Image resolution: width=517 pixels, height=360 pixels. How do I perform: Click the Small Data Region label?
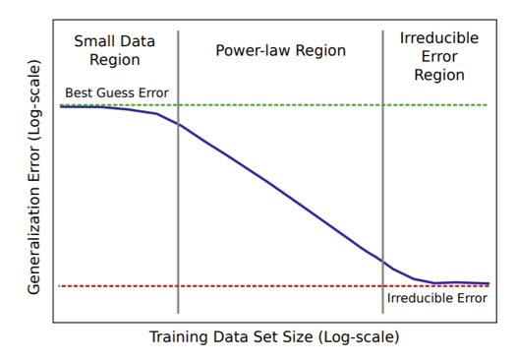pyautogui.click(x=114, y=50)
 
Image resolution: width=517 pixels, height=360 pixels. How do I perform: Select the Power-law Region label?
pyautogui.click(x=280, y=50)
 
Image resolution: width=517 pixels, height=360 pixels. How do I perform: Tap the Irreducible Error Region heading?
pyautogui.click(x=439, y=56)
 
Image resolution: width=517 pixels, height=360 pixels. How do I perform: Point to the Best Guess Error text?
pyautogui.click(x=117, y=92)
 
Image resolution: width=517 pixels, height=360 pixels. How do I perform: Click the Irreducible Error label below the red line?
pyautogui.click(x=436, y=298)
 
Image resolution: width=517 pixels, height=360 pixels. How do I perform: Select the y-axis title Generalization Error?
pyautogui.click(x=33, y=177)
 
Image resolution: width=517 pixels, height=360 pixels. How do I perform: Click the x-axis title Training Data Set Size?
pyautogui.click(x=274, y=337)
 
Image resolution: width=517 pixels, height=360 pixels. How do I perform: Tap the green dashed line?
pyautogui.click(x=273, y=105)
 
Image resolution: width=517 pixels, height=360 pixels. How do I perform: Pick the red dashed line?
pyautogui.click(x=273, y=286)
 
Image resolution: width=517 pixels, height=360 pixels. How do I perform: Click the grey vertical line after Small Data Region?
pyautogui.click(x=178, y=172)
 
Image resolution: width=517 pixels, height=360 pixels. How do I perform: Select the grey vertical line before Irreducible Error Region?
pyautogui.click(x=382, y=172)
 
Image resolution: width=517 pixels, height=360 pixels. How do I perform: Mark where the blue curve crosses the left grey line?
pyautogui.click(x=178, y=124)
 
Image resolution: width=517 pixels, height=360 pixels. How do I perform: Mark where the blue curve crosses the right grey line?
pyautogui.click(x=382, y=262)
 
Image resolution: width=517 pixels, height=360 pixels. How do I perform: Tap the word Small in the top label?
pyautogui.click(x=93, y=41)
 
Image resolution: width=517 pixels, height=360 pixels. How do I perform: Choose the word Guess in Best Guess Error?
pyautogui.click(x=117, y=93)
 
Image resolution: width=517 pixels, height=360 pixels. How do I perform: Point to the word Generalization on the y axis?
pyautogui.click(x=33, y=218)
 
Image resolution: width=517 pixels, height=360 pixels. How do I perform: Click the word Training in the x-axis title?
pyautogui.click(x=178, y=337)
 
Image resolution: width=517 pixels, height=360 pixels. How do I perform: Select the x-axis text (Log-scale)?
pyautogui.click(x=359, y=337)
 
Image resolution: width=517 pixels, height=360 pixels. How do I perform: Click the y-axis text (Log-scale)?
pyautogui.click(x=33, y=99)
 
